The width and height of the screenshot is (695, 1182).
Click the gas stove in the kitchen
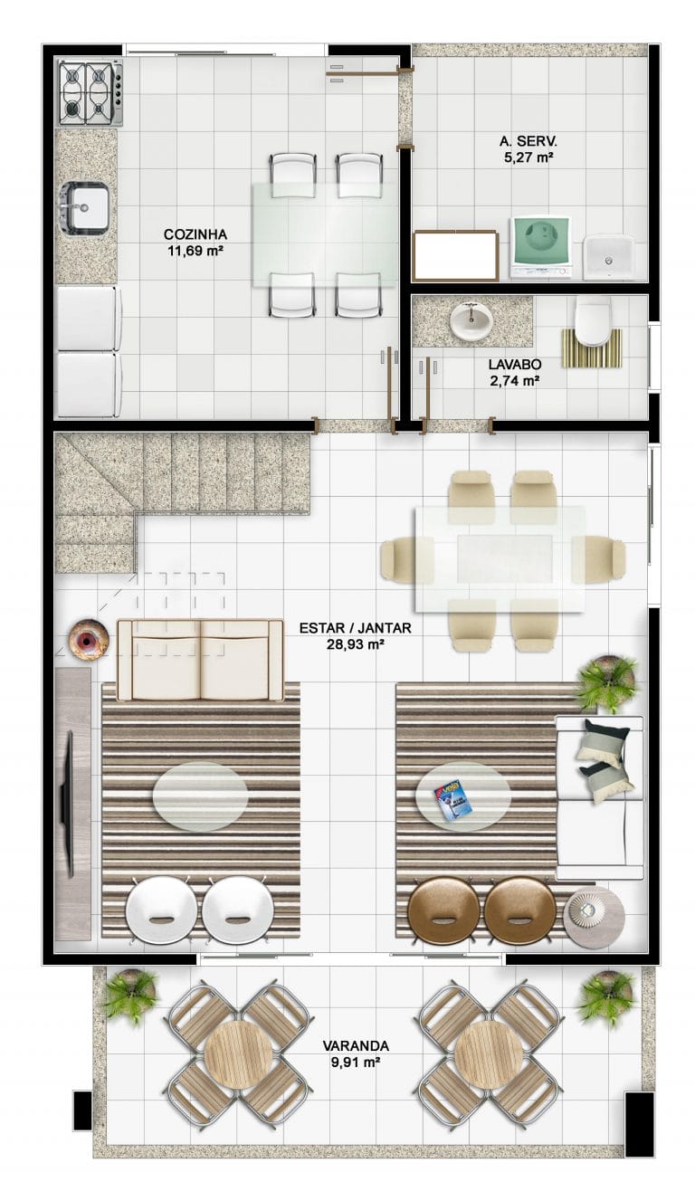(90, 93)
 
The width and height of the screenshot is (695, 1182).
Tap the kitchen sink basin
(85, 207)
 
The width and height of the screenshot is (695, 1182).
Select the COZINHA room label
(195, 234)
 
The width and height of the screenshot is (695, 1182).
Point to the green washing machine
(540, 247)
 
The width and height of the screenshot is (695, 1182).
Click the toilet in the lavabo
(593, 321)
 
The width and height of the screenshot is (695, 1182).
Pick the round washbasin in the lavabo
(471, 319)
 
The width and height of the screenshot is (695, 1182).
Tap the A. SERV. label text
(528, 141)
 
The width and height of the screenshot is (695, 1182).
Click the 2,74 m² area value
(515, 380)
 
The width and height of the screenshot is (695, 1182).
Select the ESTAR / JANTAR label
(355, 628)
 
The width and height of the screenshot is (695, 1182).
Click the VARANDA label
(356, 1045)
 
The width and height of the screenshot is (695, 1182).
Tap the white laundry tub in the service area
(608, 258)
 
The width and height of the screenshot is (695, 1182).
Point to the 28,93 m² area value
(355, 644)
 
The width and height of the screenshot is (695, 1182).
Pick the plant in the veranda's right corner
(607, 998)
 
